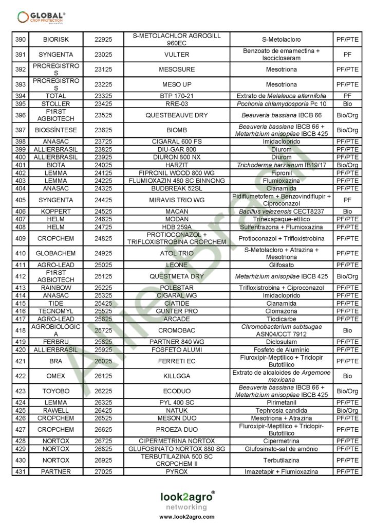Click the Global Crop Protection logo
[41, 17]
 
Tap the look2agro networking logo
[186, 499]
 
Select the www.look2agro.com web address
[186, 516]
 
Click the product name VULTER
[177, 55]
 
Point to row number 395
[21, 103]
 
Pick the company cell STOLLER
[56, 103]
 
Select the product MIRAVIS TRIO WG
[177, 200]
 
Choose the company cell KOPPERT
[56, 212]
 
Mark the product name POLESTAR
[177, 287]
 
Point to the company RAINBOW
[56, 287]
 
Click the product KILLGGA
[177, 376]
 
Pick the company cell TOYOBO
[56, 391]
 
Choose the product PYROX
[177, 471]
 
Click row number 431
[21, 471]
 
